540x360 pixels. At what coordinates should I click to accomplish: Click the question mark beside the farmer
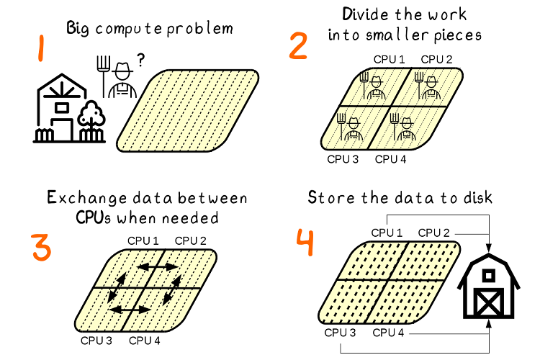(x=139, y=62)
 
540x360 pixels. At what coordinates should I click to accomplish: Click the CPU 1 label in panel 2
(x=389, y=58)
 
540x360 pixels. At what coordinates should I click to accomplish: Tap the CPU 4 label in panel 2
(x=391, y=159)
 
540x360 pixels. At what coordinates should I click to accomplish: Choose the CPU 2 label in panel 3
(x=191, y=240)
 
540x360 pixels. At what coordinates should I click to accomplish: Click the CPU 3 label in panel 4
(x=340, y=333)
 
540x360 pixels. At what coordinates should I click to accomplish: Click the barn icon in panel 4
(x=490, y=285)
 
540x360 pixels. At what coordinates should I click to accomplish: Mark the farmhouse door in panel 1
(x=62, y=130)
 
